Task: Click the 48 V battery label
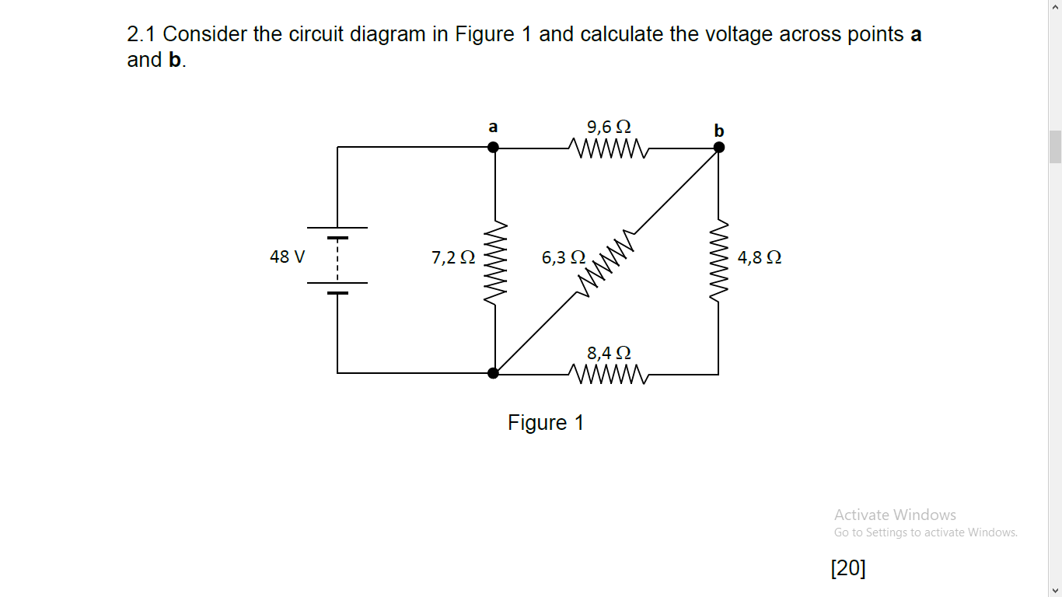tap(287, 257)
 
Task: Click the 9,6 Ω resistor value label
tap(609, 126)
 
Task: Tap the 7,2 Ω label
tap(452, 257)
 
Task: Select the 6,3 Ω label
tap(563, 257)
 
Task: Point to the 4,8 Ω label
tap(760, 257)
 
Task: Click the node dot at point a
tap(493, 147)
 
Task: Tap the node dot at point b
tap(718, 147)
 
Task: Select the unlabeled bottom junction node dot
tap(493, 373)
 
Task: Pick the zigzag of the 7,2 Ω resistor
tap(494, 262)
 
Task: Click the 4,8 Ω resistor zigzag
tap(719, 262)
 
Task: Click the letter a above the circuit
tap(493, 126)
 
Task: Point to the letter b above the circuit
tap(718, 130)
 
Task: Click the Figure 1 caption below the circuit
tap(546, 423)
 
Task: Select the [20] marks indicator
tap(847, 568)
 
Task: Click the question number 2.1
tap(142, 34)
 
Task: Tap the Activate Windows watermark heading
tap(895, 515)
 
